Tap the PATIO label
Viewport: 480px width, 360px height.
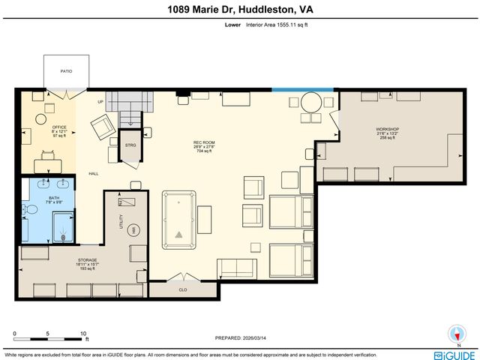point(67,71)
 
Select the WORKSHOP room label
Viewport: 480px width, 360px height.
point(387,129)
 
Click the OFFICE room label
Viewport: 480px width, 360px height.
point(59,127)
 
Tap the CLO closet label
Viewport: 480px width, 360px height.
point(182,288)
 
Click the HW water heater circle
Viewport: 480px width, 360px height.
point(134,229)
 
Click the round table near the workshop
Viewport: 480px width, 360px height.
point(311,101)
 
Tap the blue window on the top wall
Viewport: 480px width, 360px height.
point(292,90)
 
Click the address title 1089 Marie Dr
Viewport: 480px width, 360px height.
point(240,10)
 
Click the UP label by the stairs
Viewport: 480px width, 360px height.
point(100,102)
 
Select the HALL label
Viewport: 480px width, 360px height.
point(94,174)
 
